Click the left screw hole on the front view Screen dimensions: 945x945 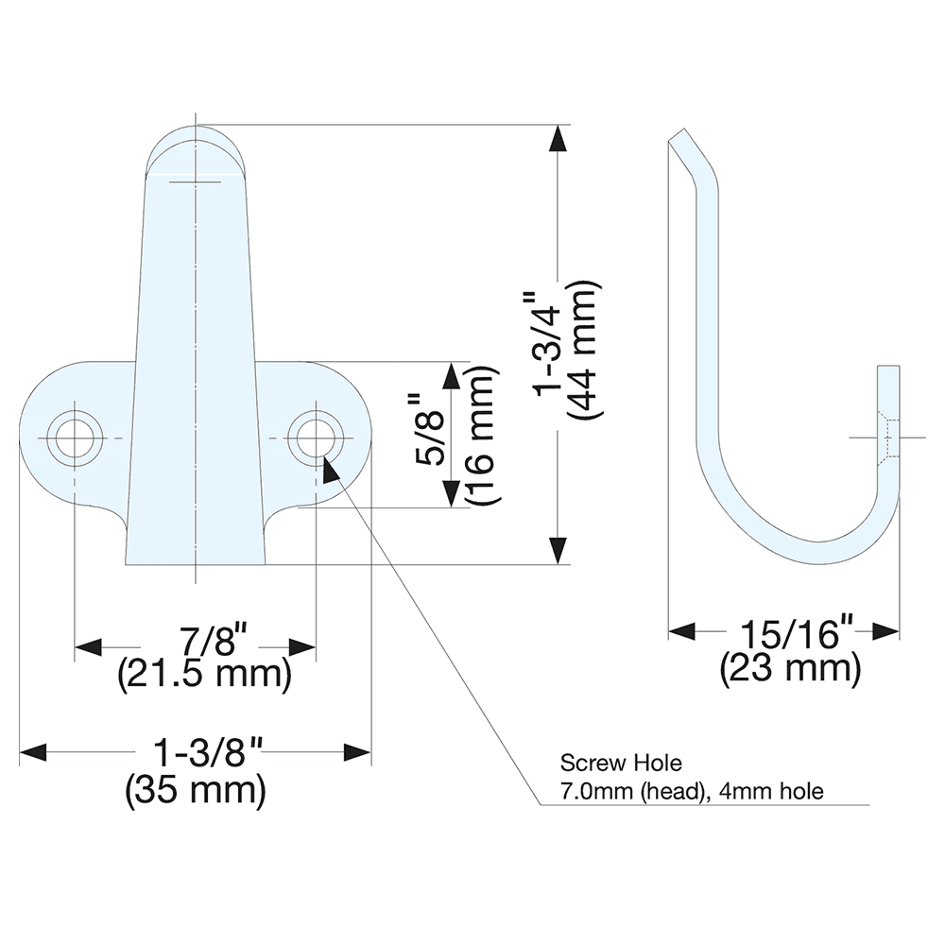(x=75, y=438)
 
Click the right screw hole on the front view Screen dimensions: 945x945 (x=315, y=438)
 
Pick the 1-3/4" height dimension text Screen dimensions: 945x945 (x=549, y=345)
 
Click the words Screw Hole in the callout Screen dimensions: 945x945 (x=607, y=761)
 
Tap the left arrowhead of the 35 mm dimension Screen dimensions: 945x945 (x=33, y=752)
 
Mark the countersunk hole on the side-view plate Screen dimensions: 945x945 (x=889, y=438)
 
